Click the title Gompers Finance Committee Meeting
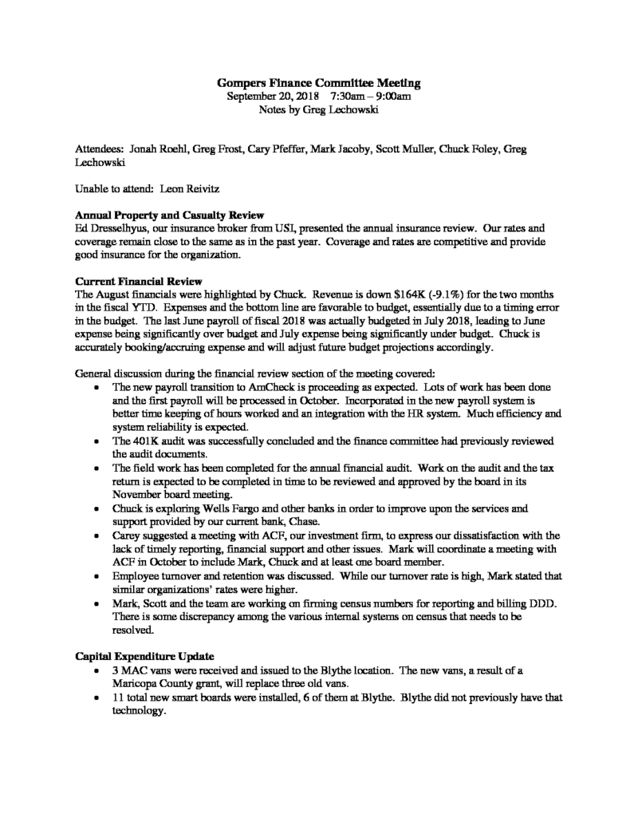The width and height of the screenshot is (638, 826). pyautogui.click(x=319, y=82)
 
